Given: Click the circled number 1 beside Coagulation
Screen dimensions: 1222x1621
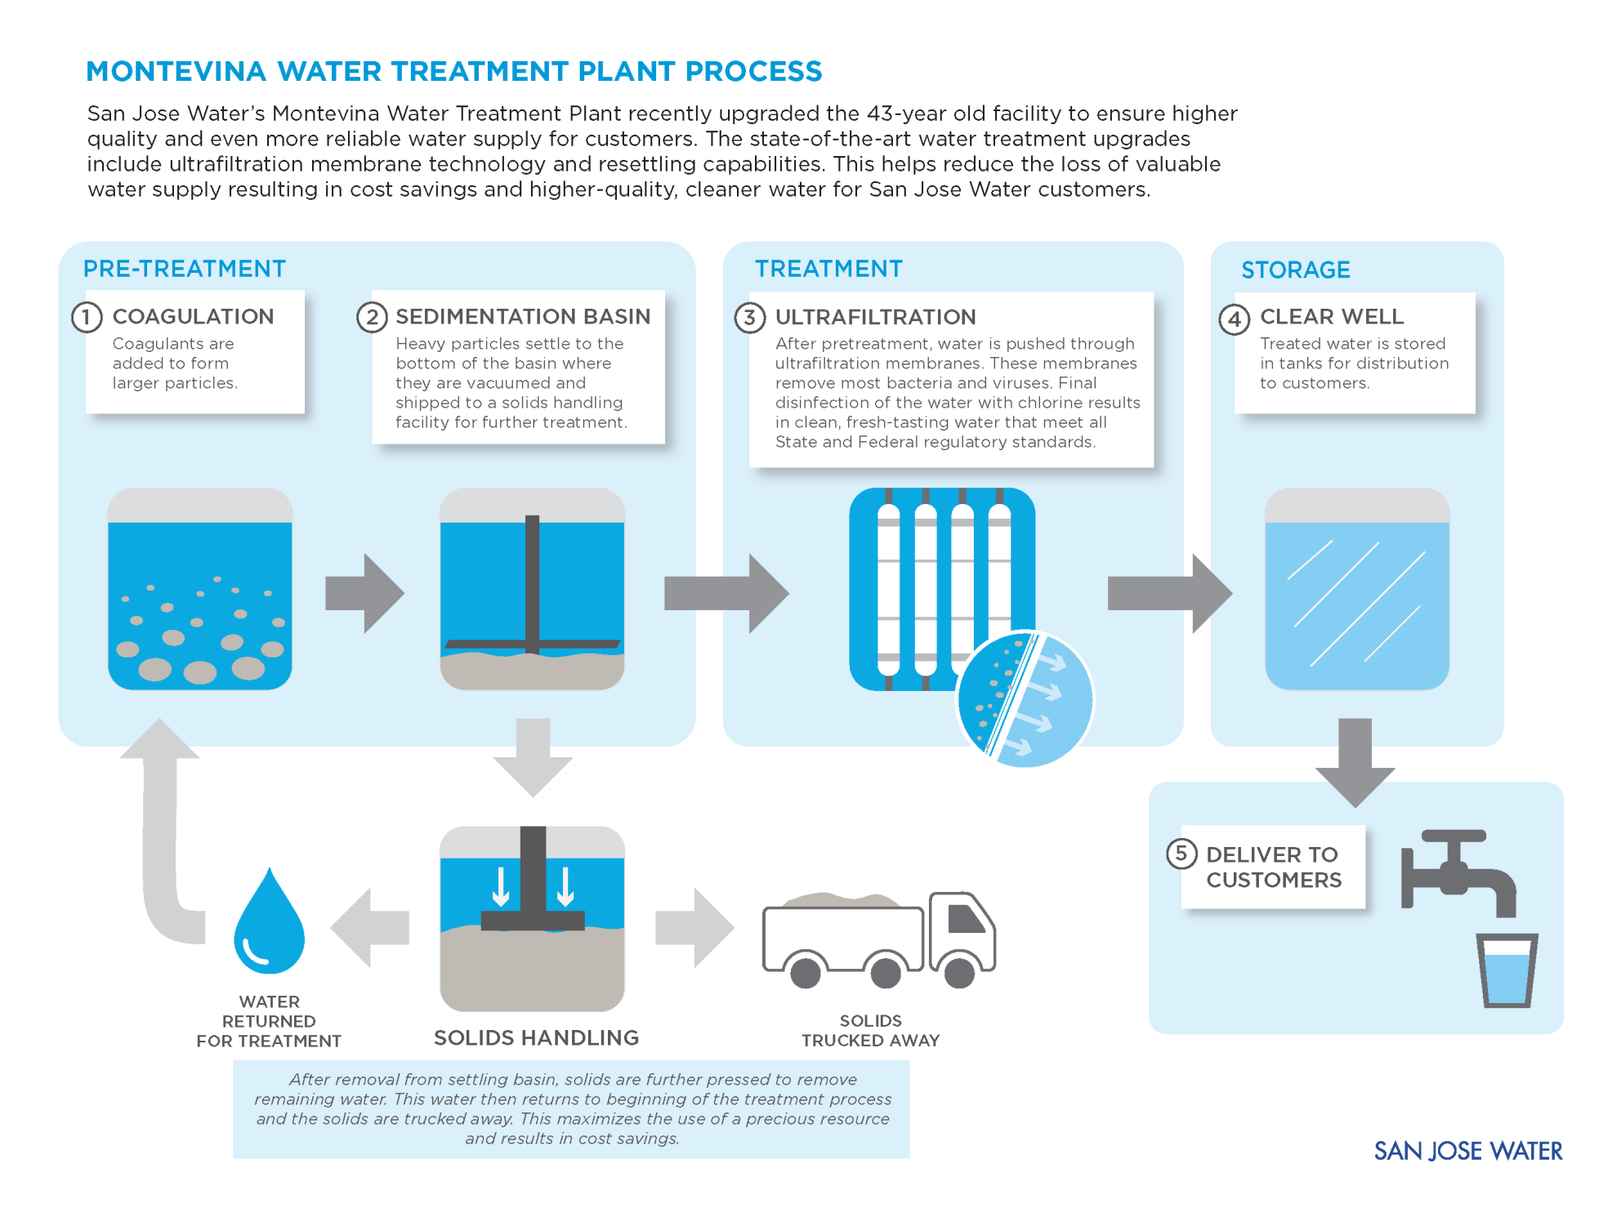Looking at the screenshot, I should [87, 317].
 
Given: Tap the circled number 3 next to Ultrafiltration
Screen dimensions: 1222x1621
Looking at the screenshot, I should [749, 317].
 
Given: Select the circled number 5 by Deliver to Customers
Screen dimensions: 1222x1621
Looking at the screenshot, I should [1181, 854].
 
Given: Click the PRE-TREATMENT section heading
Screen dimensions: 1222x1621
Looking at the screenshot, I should [185, 269].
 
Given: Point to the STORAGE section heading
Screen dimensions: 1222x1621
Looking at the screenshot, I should [1295, 270].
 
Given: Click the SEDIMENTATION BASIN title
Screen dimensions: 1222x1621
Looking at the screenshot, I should [523, 316].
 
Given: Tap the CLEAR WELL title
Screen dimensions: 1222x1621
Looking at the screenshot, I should [1331, 316].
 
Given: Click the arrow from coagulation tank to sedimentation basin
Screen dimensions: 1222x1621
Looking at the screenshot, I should [364, 593].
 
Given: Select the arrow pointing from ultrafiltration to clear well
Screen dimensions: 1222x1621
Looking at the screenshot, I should [1168, 593].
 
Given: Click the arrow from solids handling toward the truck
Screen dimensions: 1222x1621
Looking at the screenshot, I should [694, 927].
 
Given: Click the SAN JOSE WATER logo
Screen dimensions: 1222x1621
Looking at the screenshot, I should [1467, 1151].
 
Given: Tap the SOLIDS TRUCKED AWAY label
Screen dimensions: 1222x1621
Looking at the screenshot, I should [870, 1030].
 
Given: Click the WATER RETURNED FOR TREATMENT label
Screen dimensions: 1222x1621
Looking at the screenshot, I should [269, 1021].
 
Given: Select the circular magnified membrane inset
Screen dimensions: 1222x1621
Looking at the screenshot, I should [1025, 699].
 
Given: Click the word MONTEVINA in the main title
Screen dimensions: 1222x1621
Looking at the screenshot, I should [176, 72].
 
